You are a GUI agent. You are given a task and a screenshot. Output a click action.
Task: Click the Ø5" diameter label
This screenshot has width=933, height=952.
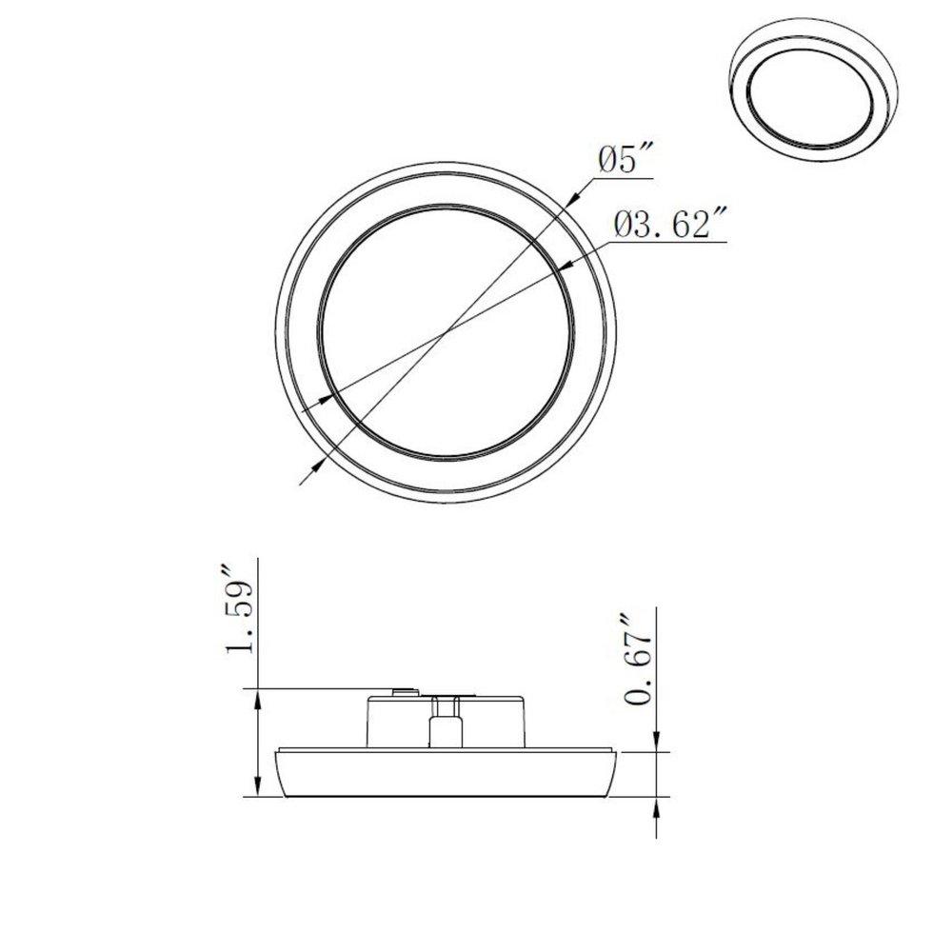click(x=625, y=160)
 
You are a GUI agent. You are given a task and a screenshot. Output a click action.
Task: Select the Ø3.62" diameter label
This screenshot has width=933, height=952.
click(x=670, y=226)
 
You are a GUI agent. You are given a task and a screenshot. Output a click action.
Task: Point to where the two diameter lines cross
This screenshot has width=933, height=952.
click(x=446, y=332)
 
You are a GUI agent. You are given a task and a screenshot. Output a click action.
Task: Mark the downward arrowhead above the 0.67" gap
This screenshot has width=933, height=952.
click(x=657, y=743)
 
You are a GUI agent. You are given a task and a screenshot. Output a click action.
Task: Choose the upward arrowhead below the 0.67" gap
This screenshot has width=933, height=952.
click(x=657, y=803)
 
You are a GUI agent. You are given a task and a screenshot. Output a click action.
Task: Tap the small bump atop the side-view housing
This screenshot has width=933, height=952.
click(x=405, y=689)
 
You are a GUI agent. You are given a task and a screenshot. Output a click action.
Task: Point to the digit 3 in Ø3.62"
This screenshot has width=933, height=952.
click(x=641, y=226)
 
